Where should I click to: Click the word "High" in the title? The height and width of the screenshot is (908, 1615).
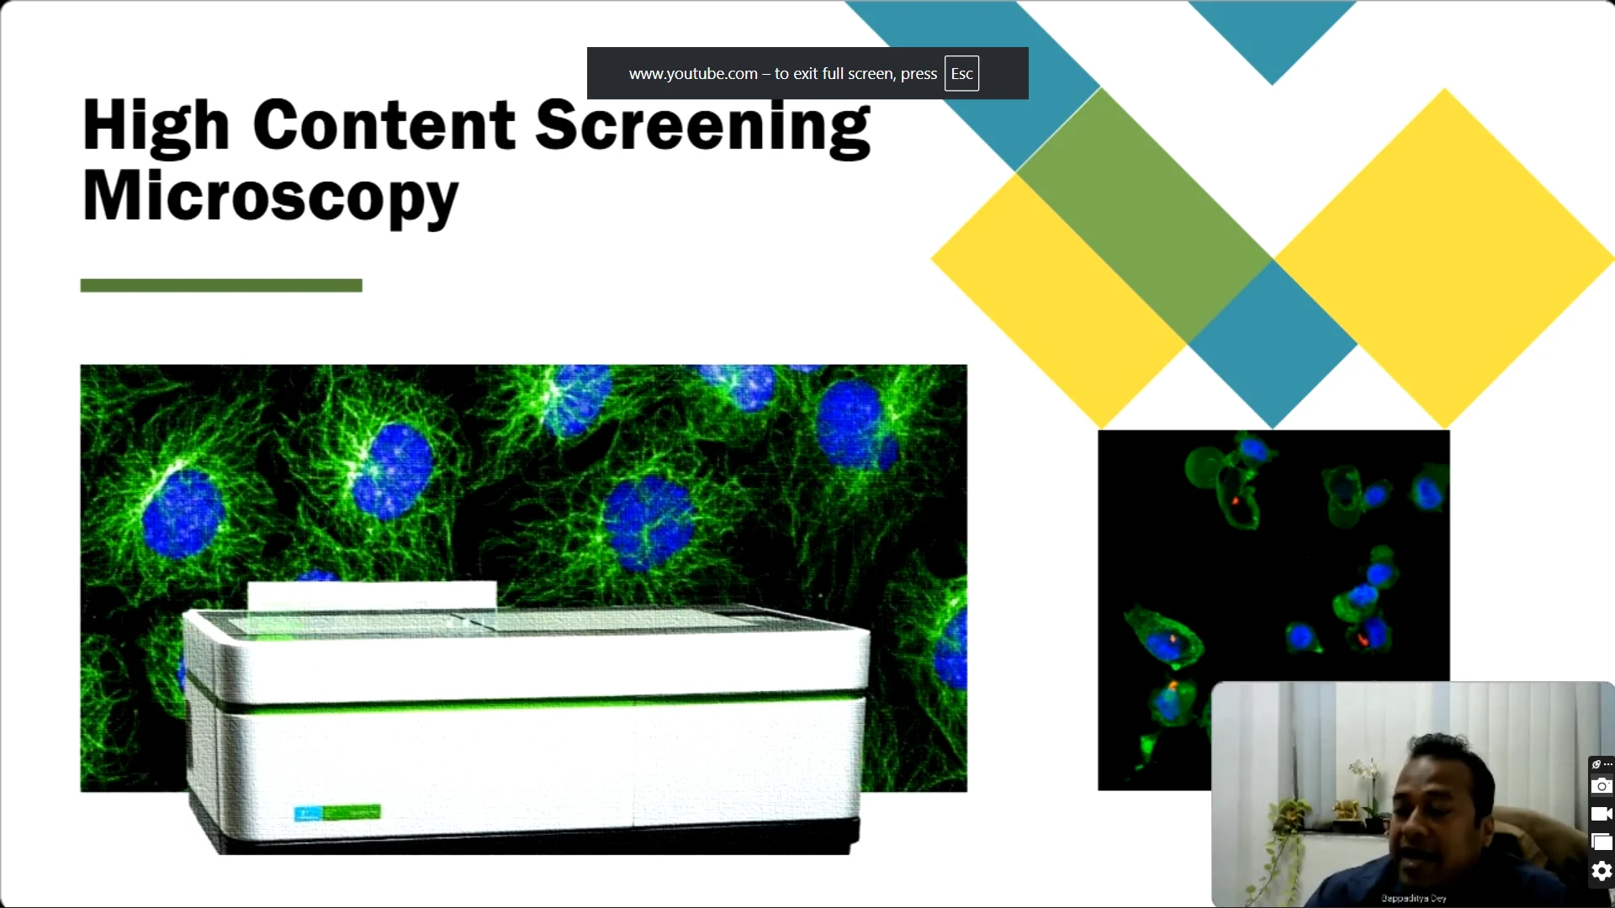pos(156,126)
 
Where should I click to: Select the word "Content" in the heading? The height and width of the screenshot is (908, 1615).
pos(384,126)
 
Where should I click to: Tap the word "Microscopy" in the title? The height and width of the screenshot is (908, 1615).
pos(270,196)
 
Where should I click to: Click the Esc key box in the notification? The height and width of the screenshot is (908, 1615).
pos(961,74)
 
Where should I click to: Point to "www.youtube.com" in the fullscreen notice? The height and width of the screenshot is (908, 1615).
pos(693,74)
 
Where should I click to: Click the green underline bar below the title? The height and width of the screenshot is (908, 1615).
pos(221,286)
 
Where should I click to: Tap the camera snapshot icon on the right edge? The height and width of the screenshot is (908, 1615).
pos(1602,786)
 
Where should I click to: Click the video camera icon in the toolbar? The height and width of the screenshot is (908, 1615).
pos(1602,814)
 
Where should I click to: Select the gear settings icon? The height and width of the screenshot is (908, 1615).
pos(1602,871)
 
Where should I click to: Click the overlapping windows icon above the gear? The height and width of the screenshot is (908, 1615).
pos(1602,842)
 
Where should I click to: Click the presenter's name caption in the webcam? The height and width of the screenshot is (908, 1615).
pos(1413,898)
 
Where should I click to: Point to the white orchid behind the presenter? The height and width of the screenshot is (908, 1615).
pos(1363,769)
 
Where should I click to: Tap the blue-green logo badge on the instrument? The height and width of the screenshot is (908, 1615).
pos(337,813)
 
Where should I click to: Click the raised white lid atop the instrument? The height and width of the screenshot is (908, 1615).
pos(371,595)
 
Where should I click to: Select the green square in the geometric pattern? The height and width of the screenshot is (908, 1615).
pos(1144,214)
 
